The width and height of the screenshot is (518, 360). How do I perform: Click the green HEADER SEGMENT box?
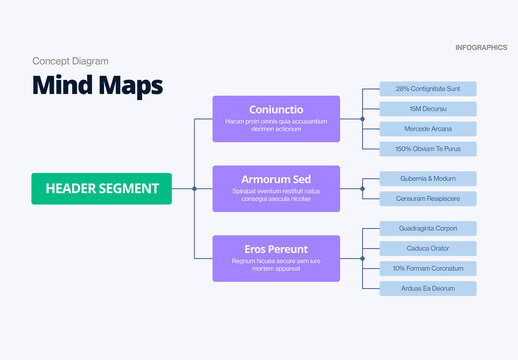coord(101,188)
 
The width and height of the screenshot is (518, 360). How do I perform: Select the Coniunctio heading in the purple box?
coord(275,109)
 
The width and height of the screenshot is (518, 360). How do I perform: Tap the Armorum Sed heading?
coord(275,179)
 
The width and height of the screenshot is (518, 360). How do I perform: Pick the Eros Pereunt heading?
coord(275,249)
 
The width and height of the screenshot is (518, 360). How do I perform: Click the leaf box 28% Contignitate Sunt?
coord(428,89)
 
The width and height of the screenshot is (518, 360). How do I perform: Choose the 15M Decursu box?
coord(428,109)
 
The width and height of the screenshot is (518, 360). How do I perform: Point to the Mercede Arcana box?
coord(428,129)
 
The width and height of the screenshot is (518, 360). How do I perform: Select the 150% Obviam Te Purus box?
coord(428,149)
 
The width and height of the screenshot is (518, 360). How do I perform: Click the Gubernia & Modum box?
coord(428,178)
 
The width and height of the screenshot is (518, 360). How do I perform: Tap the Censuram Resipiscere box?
coord(428,198)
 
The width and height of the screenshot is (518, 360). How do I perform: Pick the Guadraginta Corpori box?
coord(428,228)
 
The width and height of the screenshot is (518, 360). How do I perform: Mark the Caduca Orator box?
coord(428,248)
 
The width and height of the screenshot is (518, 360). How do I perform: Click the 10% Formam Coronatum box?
coord(428,268)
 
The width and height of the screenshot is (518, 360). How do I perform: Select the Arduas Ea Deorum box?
coord(428,288)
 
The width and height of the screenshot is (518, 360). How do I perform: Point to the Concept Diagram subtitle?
coord(70,61)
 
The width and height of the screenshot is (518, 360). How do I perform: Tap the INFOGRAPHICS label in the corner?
coord(480,48)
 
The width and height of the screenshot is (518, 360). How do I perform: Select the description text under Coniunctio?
coord(275,125)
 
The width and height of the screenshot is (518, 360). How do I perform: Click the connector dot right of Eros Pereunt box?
coord(362,258)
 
